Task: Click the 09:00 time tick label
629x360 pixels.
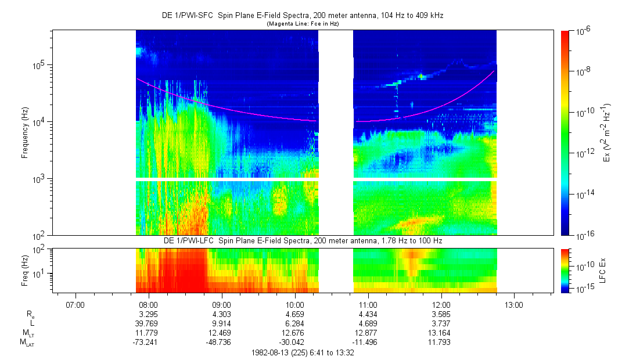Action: (221, 305)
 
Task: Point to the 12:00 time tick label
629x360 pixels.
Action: (441, 305)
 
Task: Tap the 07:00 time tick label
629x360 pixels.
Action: (75, 305)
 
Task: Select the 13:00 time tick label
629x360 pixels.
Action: (515, 305)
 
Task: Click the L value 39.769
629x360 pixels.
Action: (148, 323)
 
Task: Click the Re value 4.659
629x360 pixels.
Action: (294, 314)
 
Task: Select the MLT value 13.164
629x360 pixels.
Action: (441, 333)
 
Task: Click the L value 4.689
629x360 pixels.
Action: (368, 323)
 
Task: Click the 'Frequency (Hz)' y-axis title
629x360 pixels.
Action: (25, 133)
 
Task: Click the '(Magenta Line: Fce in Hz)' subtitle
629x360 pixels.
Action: (302, 24)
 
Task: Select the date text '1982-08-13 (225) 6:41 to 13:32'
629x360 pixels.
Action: (302, 352)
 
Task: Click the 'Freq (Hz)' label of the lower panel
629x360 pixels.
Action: (25, 270)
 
